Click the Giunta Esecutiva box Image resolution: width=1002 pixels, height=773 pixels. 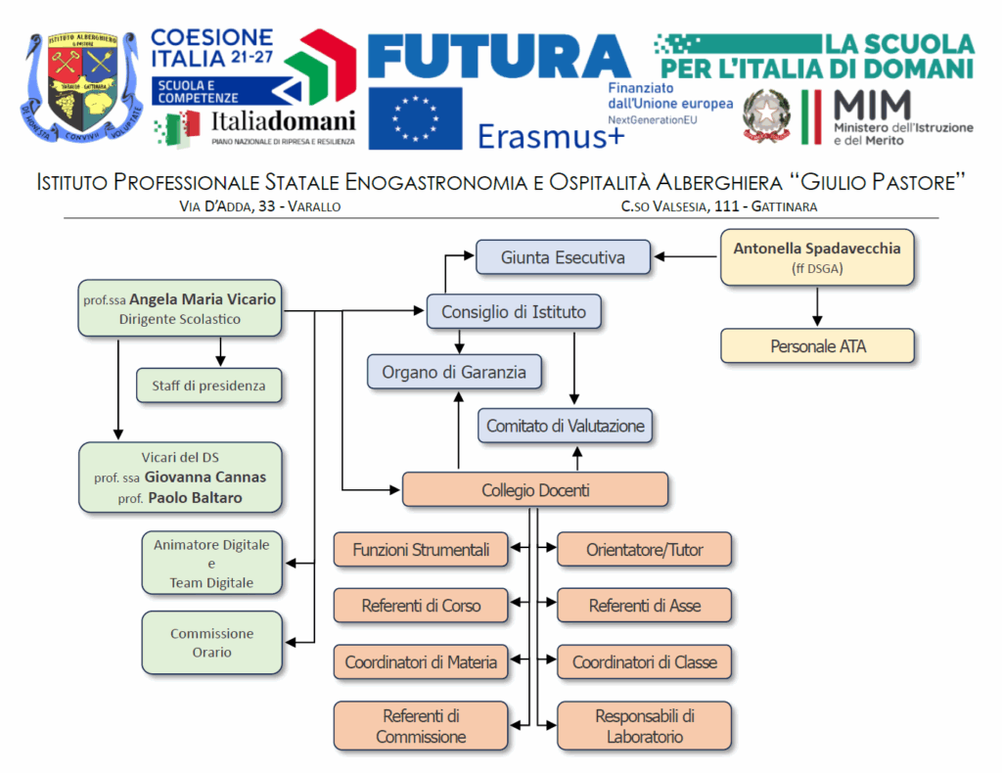pos(563,258)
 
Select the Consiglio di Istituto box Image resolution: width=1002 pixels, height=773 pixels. pos(514,312)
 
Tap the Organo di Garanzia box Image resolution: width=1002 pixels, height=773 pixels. pos(454,372)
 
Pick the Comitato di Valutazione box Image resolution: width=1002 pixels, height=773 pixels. pos(565,426)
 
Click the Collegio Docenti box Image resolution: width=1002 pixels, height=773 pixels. pos(535,490)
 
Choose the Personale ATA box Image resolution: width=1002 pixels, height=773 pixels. pos(817,346)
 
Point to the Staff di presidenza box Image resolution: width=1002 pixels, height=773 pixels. pos(208,386)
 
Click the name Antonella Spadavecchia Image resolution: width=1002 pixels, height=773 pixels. pos(817,249)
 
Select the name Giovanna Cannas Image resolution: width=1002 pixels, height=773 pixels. pos(205,477)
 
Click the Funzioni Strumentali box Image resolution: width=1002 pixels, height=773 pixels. pos(421,550)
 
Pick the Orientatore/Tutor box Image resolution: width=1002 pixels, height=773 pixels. pos(644,550)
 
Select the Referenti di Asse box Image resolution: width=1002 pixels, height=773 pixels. pos(644,606)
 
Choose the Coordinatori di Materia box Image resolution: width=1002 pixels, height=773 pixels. pos(421,662)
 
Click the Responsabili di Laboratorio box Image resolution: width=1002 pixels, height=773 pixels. pos(644,725)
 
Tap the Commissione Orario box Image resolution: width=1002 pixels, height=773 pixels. pos(212,643)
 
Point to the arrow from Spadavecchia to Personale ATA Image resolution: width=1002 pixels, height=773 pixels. pos(817,306)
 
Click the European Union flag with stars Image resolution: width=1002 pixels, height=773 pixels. pos(415,118)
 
